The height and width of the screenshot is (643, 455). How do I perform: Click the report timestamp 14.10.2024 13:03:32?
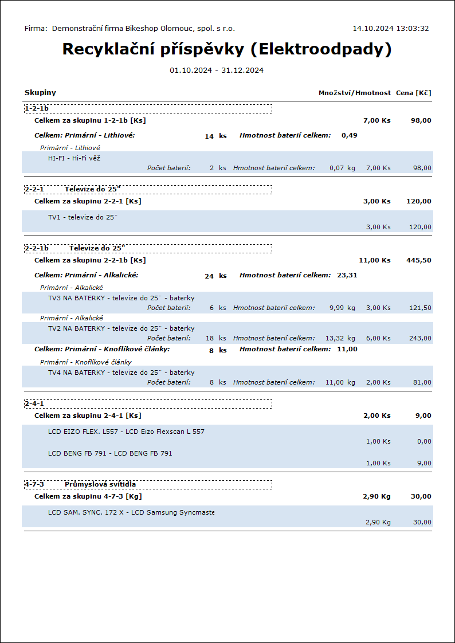point(390,28)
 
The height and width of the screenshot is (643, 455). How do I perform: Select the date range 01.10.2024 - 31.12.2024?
point(217,70)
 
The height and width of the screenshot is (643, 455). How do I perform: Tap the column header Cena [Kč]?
point(413,93)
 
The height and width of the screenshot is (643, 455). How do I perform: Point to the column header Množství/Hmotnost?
point(355,93)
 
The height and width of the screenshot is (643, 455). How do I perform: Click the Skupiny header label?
point(40,93)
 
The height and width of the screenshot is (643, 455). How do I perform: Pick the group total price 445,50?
point(419,260)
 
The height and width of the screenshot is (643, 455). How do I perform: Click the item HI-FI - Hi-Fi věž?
point(74,158)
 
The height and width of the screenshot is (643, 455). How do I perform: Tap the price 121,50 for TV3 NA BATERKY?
point(422,308)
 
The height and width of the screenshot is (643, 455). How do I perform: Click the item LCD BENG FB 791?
point(110,453)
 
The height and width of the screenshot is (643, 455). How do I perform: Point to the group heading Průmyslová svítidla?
point(100,484)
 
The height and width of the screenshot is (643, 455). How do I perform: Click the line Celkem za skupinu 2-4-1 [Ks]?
point(88,415)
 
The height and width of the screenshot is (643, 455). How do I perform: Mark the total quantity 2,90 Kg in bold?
point(376,496)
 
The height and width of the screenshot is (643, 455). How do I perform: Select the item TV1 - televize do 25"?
point(83,217)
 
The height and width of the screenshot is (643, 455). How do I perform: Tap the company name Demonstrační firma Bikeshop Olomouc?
point(143,28)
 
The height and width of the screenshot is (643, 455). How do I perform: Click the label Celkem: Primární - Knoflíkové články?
point(102,349)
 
